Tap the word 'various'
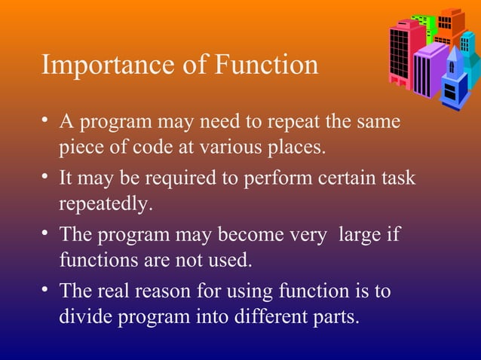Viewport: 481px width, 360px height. tap(228, 148)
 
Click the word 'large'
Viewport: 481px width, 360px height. tap(359, 234)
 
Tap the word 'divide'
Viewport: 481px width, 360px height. tap(84, 316)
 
